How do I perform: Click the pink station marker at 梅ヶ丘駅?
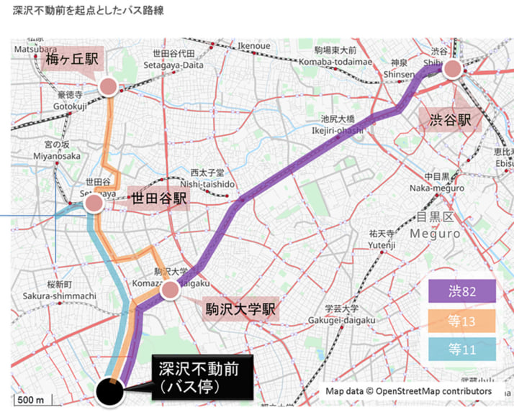(x=108, y=87)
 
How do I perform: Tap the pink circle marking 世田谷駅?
(x=94, y=204)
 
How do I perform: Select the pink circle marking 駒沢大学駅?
(x=170, y=290)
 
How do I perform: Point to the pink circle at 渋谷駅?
(x=452, y=69)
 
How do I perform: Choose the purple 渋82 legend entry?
(x=461, y=291)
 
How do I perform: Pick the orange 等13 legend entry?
(x=461, y=321)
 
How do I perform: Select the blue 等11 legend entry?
(x=461, y=349)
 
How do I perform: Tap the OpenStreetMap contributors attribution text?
(x=409, y=391)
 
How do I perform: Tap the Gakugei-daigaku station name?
(x=341, y=320)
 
